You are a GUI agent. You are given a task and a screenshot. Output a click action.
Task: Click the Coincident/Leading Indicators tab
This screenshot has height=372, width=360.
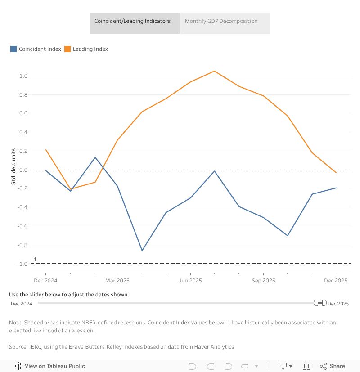pyautogui.click(x=132, y=21)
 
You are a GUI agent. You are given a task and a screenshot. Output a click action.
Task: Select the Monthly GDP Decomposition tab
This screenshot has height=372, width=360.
pyautogui.click(x=221, y=21)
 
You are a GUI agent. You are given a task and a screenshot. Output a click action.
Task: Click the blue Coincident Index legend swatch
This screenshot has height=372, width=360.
pyautogui.click(x=13, y=49)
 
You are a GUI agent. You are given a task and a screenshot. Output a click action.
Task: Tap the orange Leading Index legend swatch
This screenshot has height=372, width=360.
pyautogui.click(x=67, y=49)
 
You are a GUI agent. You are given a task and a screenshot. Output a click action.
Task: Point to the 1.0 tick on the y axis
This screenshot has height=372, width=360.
pyautogui.click(x=23, y=76)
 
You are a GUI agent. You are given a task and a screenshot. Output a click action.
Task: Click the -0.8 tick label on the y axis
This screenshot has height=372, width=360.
pyautogui.click(x=22, y=245)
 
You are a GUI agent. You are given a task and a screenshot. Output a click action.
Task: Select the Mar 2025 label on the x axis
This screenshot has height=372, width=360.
pyautogui.click(x=117, y=281)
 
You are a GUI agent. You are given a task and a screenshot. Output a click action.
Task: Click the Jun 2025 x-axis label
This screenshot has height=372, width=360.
pyautogui.click(x=190, y=281)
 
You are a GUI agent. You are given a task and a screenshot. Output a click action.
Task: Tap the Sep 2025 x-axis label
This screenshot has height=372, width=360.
pyautogui.click(x=263, y=281)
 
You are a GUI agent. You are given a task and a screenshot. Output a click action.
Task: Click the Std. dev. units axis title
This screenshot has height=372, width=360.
pyautogui.click(x=13, y=166)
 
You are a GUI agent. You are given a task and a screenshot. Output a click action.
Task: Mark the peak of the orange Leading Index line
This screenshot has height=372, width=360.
pyautogui.click(x=215, y=71)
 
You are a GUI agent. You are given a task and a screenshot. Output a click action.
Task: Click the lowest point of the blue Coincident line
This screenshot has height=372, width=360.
pyautogui.click(x=142, y=251)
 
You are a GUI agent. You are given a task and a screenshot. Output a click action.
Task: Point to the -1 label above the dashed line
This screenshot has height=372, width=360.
pyautogui.click(x=34, y=260)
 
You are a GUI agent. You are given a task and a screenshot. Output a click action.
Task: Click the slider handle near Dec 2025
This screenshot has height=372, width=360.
pyautogui.click(x=320, y=303)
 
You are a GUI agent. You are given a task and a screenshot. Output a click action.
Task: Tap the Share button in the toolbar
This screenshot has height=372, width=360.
pyautogui.click(x=333, y=366)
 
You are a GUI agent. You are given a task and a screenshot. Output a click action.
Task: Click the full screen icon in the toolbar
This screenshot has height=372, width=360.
pyautogui.click(x=306, y=366)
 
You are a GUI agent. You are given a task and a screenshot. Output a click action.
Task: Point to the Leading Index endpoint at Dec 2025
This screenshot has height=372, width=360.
pyautogui.click(x=336, y=173)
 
